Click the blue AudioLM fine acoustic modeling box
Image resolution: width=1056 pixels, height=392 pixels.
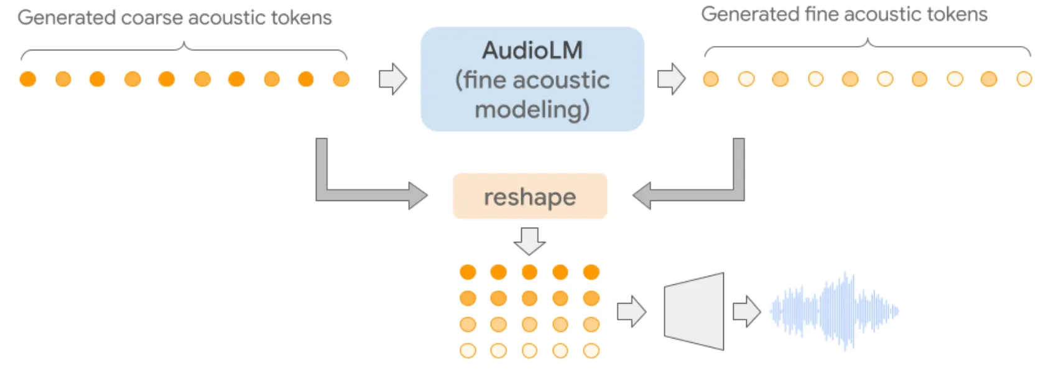532,79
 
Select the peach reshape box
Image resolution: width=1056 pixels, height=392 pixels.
529,197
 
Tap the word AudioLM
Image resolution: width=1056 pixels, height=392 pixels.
532,50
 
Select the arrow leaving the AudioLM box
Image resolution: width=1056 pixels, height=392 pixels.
671,79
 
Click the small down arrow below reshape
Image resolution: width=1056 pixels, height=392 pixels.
529,241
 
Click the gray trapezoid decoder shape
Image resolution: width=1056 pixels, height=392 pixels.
694,311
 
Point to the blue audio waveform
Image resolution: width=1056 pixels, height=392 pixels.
835,310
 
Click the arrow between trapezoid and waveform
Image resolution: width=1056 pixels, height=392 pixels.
746,311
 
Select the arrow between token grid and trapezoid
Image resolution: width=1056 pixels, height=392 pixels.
631,311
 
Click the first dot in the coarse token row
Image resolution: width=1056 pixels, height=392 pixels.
28,79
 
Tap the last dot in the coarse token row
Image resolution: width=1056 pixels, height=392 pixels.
341,79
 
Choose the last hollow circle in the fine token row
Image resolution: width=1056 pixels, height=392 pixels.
1024,79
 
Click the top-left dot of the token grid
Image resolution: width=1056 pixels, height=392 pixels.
468,272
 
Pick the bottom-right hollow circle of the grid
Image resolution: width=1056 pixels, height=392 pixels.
591,351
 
